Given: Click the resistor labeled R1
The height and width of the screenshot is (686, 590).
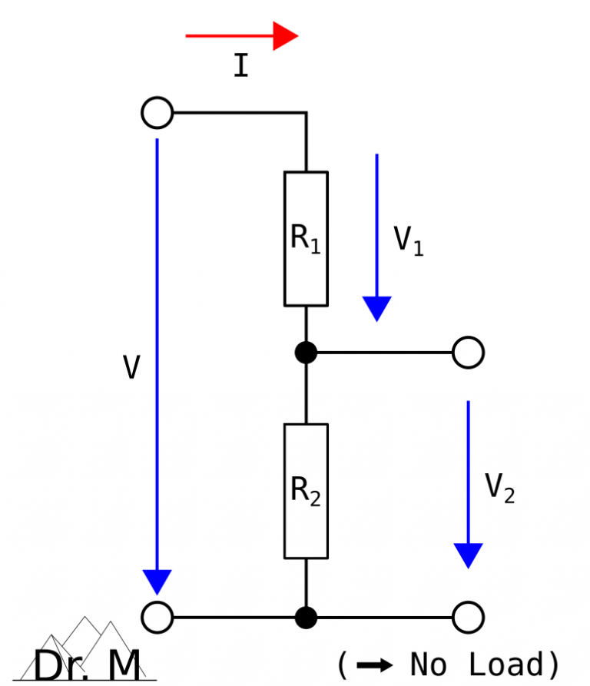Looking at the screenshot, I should pos(306,239).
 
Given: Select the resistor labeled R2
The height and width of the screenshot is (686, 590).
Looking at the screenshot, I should pos(306,491).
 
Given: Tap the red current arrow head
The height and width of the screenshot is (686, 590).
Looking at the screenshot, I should pos(285,36).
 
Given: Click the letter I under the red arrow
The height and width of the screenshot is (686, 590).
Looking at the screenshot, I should pos(240,67).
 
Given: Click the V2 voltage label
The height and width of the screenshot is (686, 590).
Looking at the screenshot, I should pos(499,488).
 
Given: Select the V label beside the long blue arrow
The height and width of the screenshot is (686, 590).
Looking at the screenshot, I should pos(131,369).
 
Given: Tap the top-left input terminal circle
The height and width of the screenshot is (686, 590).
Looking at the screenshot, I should pos(157,113).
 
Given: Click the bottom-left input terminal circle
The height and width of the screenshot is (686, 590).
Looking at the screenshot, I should pos(157,617).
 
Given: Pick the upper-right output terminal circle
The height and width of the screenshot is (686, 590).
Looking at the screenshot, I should pos(468,353).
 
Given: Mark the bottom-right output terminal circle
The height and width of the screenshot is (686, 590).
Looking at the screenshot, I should pos(468,617).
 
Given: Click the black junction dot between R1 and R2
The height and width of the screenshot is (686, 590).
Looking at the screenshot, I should pos(306,353).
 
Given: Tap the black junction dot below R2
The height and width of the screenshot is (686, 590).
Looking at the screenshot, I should pos(306,617).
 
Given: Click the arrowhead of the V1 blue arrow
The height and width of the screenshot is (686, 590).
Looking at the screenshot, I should pos(376,308).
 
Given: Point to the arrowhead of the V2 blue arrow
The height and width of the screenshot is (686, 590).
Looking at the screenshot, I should pos(468,555).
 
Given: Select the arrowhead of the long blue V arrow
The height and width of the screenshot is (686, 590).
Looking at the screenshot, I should pos(157,582).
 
